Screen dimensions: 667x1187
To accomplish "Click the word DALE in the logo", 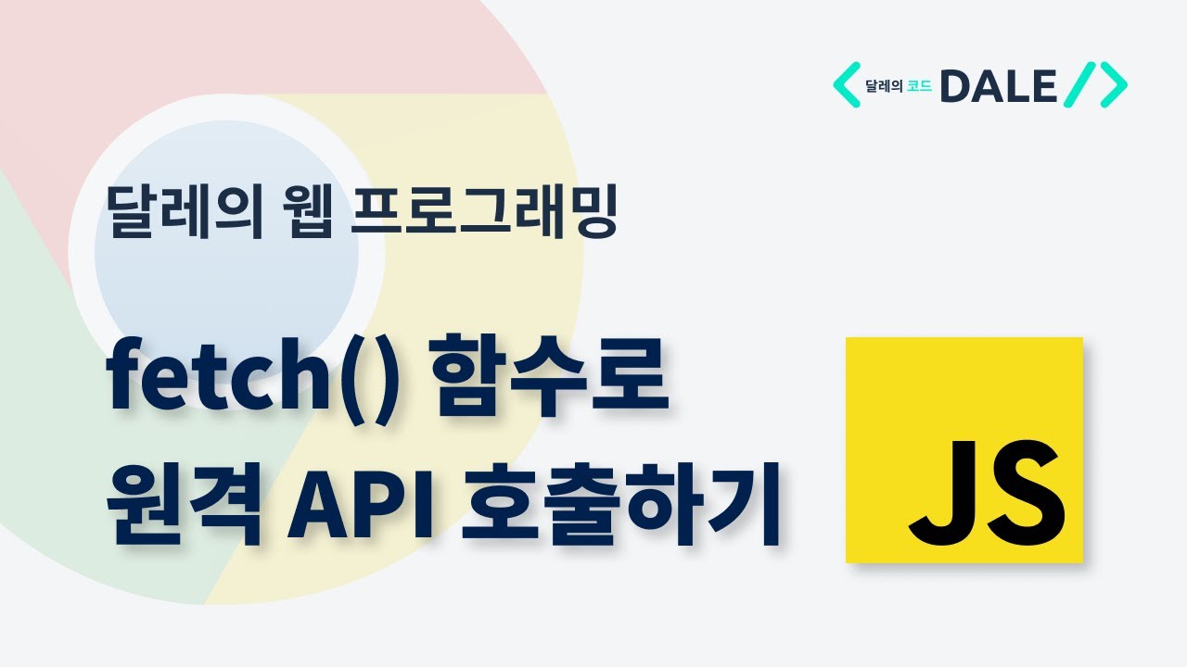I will pyautogui.click(x=998, y=86).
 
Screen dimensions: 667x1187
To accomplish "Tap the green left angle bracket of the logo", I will pyautogui.click(x=847, y=85).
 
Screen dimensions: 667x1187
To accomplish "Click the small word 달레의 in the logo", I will pyautogui.click(x=883, y=87).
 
